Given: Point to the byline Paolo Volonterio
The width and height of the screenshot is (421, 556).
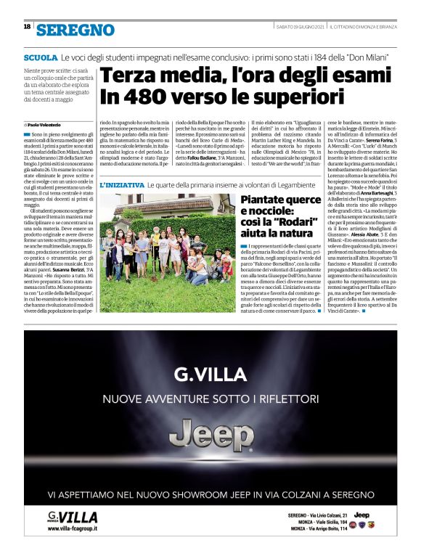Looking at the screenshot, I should pos(49,124).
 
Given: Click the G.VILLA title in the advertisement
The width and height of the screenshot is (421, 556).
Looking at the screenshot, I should pos(210,375).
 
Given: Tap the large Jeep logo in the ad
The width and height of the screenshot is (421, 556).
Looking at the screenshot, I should pos(210,435).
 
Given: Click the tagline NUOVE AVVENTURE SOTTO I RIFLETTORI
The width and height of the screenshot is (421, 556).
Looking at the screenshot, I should pos(210,399).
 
